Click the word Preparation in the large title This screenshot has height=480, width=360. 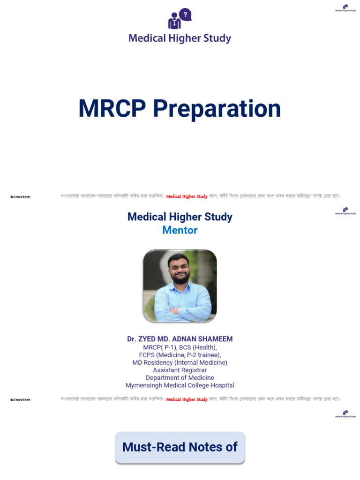click(217, 109)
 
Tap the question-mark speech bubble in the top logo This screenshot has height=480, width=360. click(186, 15)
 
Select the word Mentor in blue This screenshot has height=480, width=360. click(180, 230)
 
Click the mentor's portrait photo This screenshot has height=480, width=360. click(180, 285)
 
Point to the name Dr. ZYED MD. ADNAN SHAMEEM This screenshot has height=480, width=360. click(180, 339)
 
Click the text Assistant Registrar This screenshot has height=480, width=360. click(180, 370)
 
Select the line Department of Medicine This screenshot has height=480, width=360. click(180, 378)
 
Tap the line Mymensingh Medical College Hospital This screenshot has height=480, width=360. click(180, 385)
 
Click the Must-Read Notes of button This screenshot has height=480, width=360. click(180, 447)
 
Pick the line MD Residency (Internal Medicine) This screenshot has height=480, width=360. click(180, 363)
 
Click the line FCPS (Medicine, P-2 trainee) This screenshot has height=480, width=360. click(180, 355)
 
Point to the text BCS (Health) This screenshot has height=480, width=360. click(198, 347)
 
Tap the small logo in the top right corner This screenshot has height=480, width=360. click(345, 8)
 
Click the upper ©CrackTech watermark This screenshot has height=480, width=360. click(20, 197)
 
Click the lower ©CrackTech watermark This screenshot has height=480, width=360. click(20, 400)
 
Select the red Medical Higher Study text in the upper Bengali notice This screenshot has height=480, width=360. click(187, 197)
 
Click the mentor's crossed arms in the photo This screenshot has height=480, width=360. click(180, 310)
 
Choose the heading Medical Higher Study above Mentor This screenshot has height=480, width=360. click(180, 217)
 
